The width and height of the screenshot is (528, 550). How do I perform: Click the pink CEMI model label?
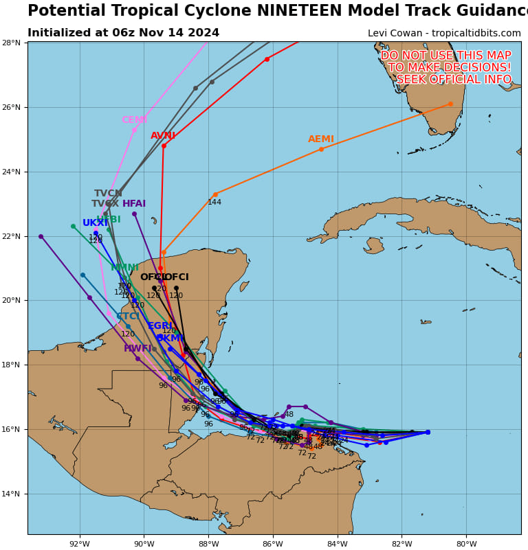tap(134, 120)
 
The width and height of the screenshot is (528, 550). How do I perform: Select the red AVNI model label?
tap(163, 136)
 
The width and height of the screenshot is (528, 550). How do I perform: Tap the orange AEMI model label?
tap(321, 139)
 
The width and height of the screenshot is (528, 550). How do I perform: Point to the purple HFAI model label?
tap(134, 204)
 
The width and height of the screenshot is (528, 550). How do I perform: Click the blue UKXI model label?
tap(96, 223)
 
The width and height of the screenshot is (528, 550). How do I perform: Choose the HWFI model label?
tap(137, 349)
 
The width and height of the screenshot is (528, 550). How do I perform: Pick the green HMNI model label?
tap(124, 268)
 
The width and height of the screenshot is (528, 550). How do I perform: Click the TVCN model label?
tap(108, 194)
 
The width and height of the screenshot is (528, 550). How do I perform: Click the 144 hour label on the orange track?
tap(214, 203)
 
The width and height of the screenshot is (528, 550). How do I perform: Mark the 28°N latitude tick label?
tap(13, 43)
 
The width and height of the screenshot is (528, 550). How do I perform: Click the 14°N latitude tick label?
tap(13, 494)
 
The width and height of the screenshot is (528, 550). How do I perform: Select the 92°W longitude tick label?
tap(80, 545)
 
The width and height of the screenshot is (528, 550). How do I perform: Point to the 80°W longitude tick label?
tap(466, 545)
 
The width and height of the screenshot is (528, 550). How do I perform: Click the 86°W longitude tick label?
tap(273, 545)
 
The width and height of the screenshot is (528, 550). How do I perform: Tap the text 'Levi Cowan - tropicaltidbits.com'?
tap(444, 33)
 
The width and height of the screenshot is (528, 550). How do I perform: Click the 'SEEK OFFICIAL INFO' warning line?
tap(446, 80)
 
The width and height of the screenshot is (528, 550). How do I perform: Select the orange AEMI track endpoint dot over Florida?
tap(450, 104)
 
